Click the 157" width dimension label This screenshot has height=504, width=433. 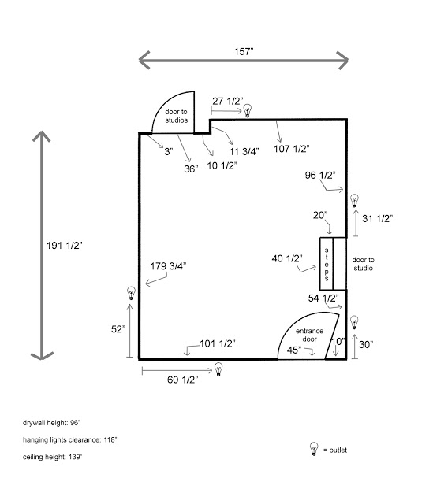(x=244, y=51)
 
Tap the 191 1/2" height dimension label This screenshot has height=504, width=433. (x=65, y=246)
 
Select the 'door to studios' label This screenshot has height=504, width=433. (x=176, y=116)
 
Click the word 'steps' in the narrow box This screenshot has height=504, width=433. (x=327, y=265)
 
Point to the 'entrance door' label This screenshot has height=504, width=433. (x=309, y=335)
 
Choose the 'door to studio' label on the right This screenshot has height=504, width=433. (x=363, y=264)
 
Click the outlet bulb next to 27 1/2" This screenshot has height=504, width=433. (x=247, y=111)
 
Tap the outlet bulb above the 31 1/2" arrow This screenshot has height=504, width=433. (x=354, y=201)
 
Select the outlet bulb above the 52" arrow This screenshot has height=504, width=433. (x=131, y=293)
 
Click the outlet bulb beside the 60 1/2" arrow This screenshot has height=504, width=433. (x=218, y=369)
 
